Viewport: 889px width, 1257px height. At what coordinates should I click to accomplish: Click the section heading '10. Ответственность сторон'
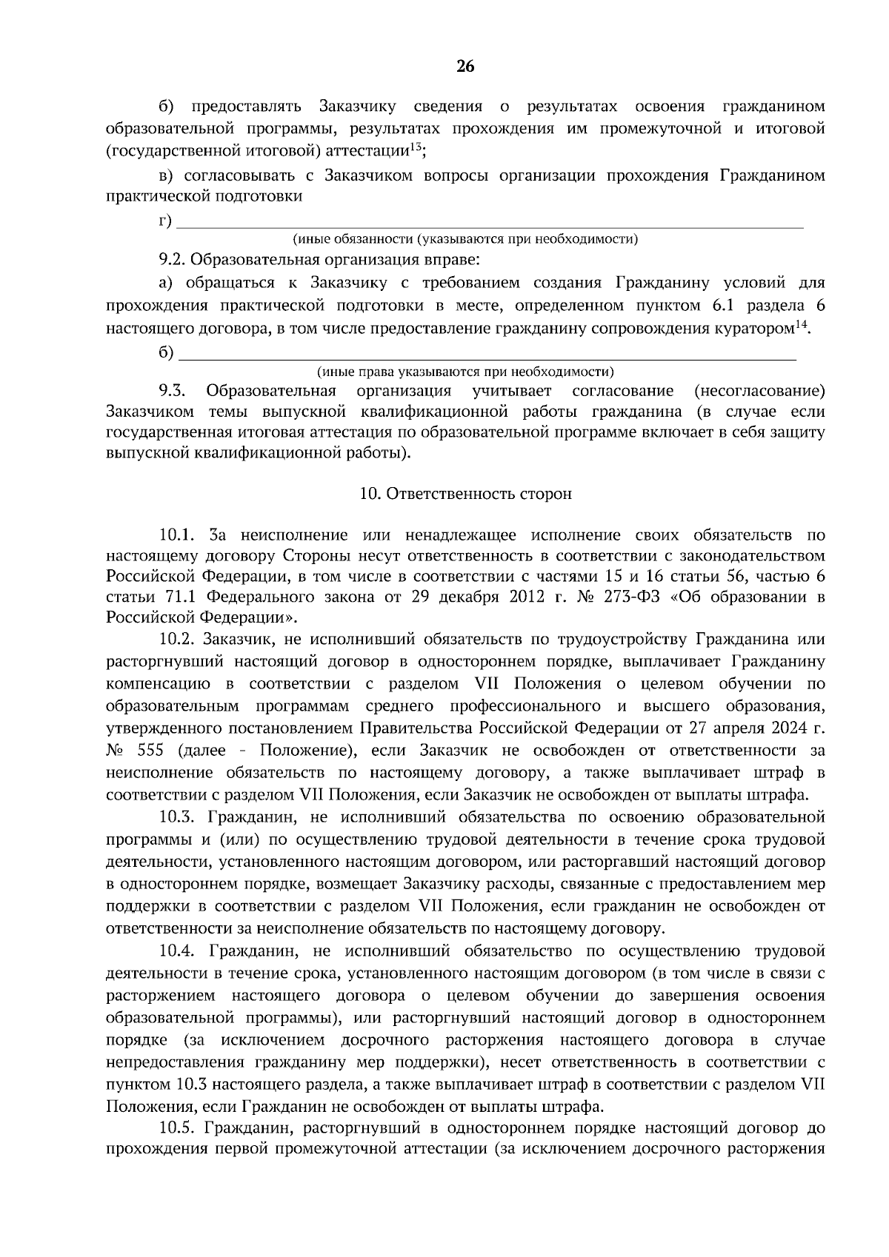(x=465, y=494)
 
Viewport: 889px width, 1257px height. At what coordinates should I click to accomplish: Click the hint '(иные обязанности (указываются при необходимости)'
(x=465, y=240)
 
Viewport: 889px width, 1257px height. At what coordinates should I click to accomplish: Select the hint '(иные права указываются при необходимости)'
(x=465, y=372)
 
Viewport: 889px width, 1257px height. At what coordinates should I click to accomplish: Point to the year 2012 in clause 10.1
(x=527, y=597)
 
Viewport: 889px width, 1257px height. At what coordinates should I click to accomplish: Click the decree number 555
(x=150, y=751)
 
